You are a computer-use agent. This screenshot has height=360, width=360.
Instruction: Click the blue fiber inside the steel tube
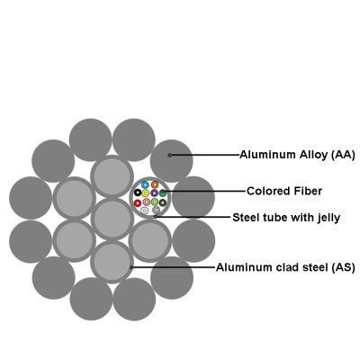pos(146,184)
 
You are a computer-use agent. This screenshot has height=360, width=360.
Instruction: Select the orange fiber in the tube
pos(155,184)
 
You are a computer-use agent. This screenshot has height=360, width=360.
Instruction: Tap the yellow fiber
pos(146,193)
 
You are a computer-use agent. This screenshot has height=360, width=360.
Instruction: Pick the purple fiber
pos(154,193)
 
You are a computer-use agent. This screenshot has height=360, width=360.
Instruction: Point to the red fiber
pos(138,203)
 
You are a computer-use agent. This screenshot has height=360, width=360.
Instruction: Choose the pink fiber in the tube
pos(147,202)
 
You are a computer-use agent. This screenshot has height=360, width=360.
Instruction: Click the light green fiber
pos(155,202)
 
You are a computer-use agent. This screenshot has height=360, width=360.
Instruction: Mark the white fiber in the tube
pos(145,211)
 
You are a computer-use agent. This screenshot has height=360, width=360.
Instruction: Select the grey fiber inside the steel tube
pos(156,210)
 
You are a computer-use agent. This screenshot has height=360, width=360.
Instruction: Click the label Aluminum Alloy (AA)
pos(297,155)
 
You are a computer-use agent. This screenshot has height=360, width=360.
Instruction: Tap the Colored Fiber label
pos(284,191)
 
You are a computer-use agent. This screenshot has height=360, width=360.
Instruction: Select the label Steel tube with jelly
pos(286,218)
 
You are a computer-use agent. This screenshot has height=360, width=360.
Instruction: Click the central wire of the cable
pos(112,219)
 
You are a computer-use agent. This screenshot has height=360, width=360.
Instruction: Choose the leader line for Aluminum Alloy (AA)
pos(204,155)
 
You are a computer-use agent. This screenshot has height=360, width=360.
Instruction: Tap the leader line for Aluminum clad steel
pos(173,266)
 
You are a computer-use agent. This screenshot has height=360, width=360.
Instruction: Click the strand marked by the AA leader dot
pos(171,161)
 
